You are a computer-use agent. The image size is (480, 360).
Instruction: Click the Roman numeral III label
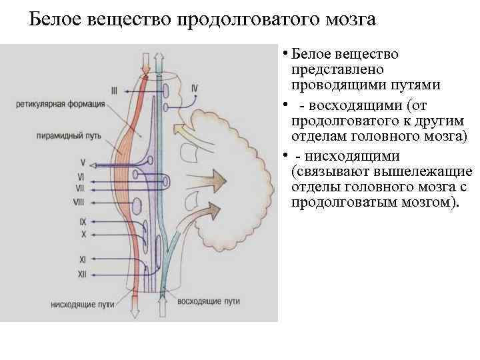pyautogui.click(x=114, y=90)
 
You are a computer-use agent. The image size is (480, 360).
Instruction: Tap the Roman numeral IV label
pyautogui.click(x=194, y=88)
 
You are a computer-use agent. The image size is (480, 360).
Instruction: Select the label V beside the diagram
pyautogui.click(x=83, y=162)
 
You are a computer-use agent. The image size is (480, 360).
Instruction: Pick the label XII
pyautogui.click(x=82, y=273)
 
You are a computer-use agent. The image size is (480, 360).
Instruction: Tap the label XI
pyautogui.click(x=82, y=259)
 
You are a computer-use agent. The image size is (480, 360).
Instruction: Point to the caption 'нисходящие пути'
pyautogui.click(x=82, y=303)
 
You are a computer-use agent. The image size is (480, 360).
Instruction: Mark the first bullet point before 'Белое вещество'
pyautogui.click(x=284, y=54)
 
